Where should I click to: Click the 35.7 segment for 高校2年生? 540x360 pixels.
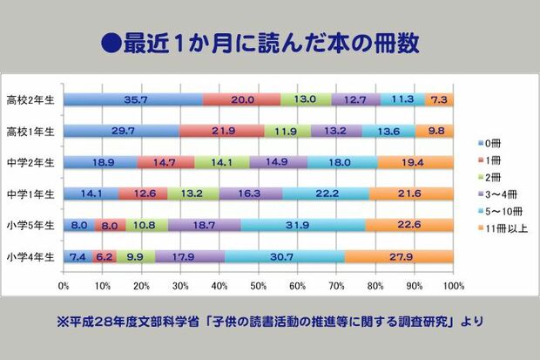click(x=133, y=99)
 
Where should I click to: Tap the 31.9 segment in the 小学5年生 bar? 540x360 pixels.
click(x=303, y=225)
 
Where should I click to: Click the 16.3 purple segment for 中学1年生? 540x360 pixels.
click(x=251, y=194)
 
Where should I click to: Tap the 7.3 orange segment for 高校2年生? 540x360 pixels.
click(x=439, y=99)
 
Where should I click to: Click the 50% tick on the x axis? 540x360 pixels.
click(x=258, y=285)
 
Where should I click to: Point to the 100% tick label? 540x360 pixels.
click(x=451, y=285)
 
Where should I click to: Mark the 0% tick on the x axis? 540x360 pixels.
click(x=64, y=285)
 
